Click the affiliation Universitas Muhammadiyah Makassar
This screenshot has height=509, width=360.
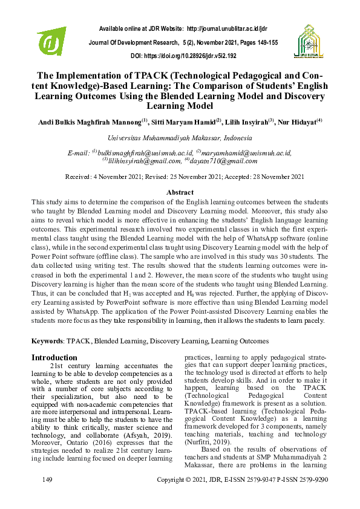click(179, 138)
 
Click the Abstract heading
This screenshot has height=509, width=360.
click(180, 192)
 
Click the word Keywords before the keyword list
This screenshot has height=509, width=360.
click(48, 341)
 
